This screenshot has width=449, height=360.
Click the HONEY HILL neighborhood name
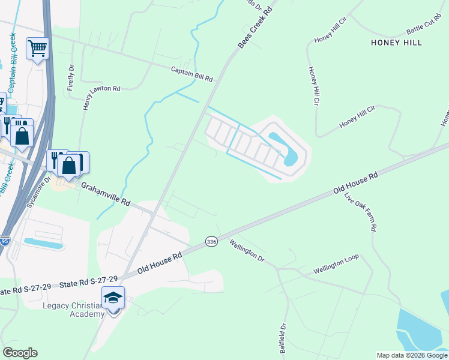point(396,43)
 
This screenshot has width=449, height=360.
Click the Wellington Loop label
point(336,265)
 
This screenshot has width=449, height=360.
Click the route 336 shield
point(211,241)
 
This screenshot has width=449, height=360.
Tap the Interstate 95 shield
point(5,241)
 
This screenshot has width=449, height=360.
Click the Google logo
point(20,353)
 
